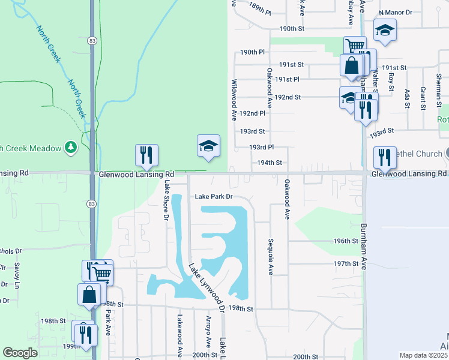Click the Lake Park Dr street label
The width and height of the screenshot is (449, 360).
(212, 196)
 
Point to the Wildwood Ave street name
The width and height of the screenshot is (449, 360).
(234, 98)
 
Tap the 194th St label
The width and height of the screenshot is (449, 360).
(270, 163)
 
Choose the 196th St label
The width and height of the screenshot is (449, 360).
(346, 241)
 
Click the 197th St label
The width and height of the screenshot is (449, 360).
(346, 263)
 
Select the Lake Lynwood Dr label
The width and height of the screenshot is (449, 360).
(206, 288)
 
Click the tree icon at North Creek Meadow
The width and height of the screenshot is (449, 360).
(71, 146)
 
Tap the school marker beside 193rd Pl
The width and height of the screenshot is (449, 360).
(208, 146)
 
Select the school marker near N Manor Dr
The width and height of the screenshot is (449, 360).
(384, 30)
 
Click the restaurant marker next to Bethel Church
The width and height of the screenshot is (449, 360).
(384, 157)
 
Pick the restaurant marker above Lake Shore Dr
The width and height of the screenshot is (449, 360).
(146, 155)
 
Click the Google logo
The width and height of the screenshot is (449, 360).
(20, 353)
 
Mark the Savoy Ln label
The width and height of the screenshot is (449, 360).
(17, 274)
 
